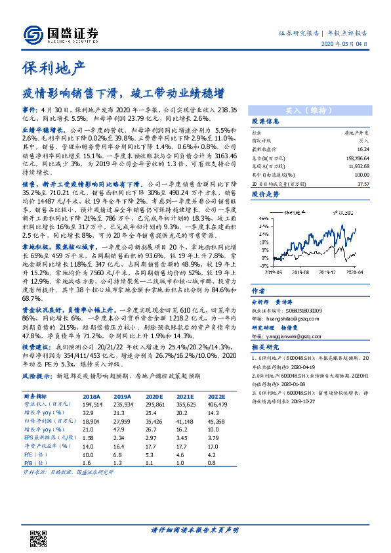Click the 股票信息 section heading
[266, 122]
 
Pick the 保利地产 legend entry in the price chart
[297, 212]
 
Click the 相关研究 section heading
[266, 347]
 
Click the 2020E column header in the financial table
[155, 397]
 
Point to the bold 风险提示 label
[37, 376]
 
